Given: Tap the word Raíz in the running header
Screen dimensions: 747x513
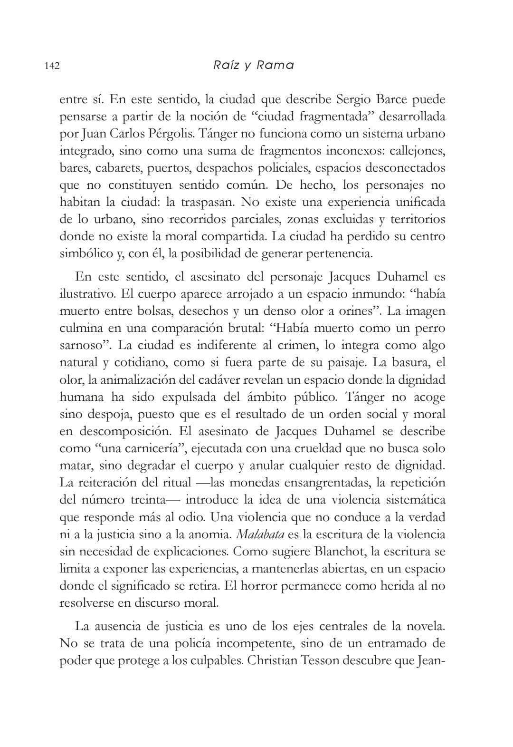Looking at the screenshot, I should [x=226, y=65].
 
